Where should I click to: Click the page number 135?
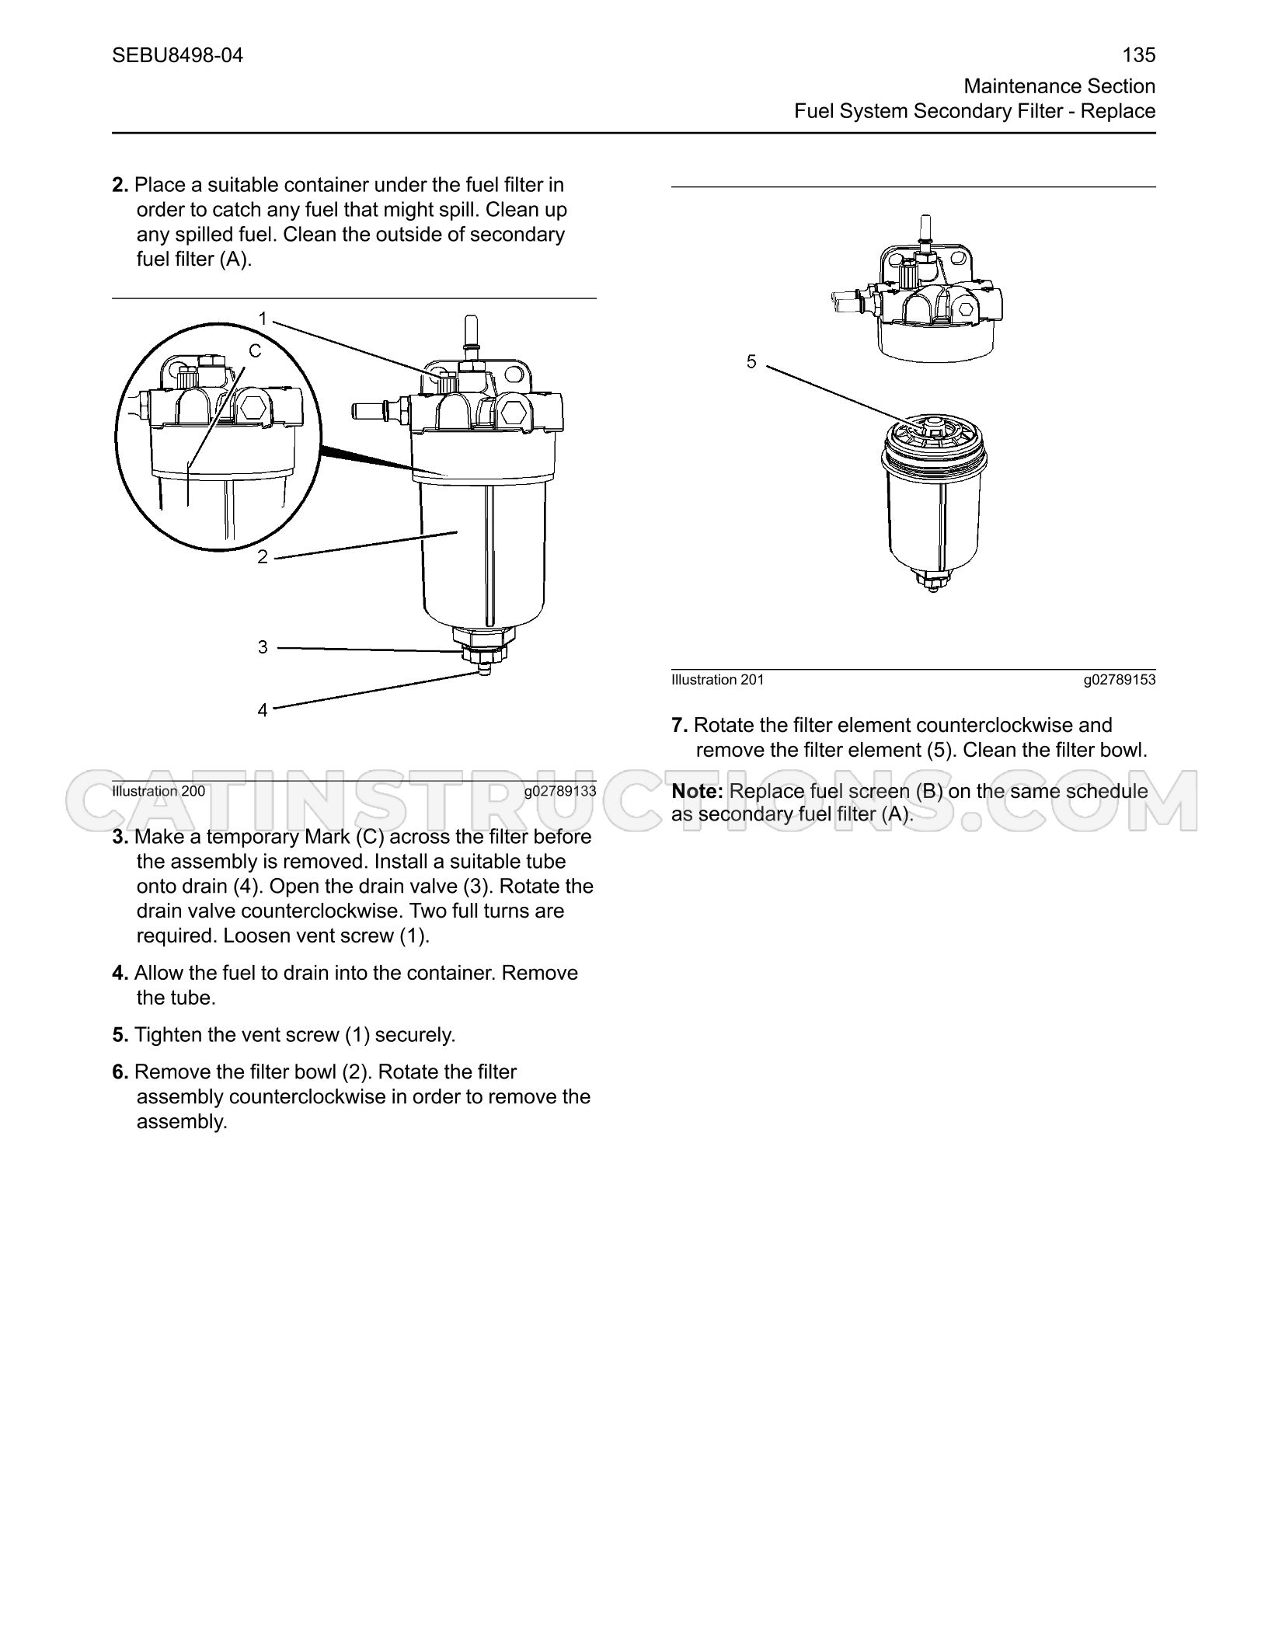(1139, 55)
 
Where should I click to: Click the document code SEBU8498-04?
(177, 55)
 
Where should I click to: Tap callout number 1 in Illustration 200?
(263, 319)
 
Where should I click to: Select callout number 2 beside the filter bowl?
(263, 557)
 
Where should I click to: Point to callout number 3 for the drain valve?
(263, 647)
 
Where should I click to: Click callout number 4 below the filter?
(263, 710)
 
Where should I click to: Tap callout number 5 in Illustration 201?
(751, 361)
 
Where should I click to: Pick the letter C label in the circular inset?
(255, 351)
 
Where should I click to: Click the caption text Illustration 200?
(158, 791)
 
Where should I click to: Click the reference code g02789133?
(560, 791)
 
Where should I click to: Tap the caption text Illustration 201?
(718, 680)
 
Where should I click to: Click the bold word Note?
(698, 791)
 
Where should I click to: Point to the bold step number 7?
(680, 725)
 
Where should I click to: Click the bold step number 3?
(120, 837)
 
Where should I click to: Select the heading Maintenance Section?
(1060, 86)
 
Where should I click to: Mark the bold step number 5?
(120, 1035)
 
